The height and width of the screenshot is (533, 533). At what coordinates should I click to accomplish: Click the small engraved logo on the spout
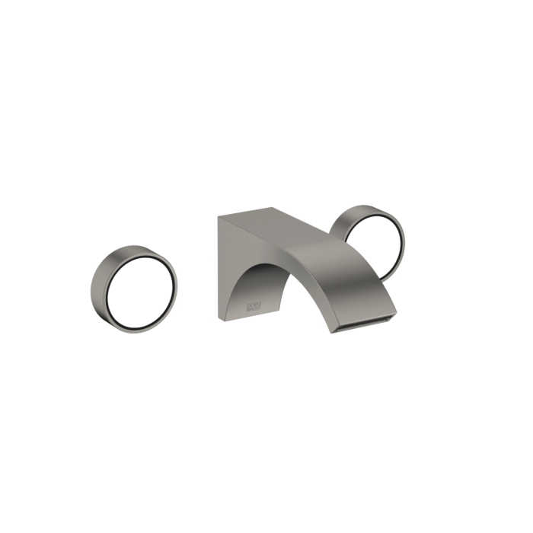point(255,303)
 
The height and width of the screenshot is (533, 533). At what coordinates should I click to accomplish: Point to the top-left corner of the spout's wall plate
point(218,215)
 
